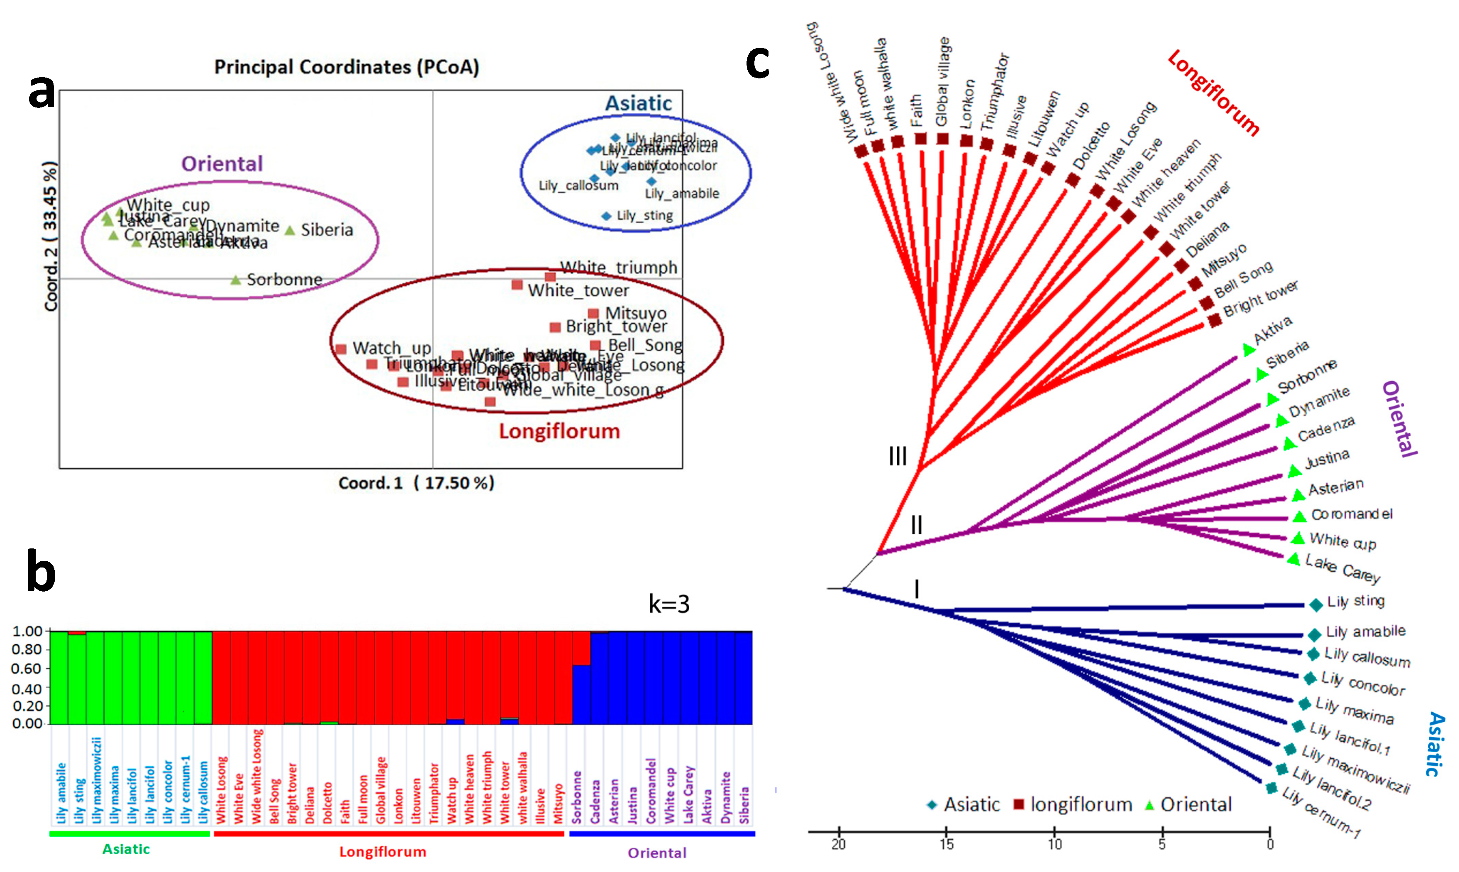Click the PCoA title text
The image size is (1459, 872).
pyautogui.click(x=346, y=67)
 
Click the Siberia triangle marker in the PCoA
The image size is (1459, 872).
pyautogui.click(x=290, y=230)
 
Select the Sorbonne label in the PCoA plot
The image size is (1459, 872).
pyautogui.click(x=284, y=280)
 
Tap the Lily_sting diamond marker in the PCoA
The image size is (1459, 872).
pyautogui.click(x=606, y=216)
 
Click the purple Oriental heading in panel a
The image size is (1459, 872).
pyautogui.click(x=222, y=164)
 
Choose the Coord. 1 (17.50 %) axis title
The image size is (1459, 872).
pyautogui.click(x=416, y=483)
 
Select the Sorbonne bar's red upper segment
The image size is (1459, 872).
pyautogui.click(x=581, y=648)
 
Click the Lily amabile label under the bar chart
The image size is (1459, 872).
pyautogui.click(x=61, y=793)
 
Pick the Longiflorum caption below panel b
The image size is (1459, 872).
pyautogui.click(x=383, y=852)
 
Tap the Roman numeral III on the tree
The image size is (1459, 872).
pyautogui.click(x=897, y=456)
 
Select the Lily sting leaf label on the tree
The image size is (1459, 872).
pyautogui.click(x=1356, y=602)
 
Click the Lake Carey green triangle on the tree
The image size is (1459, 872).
pyautogui.click(x=1293, y=559)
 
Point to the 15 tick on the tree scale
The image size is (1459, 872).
pyautogui.click(x=946, y=844)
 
